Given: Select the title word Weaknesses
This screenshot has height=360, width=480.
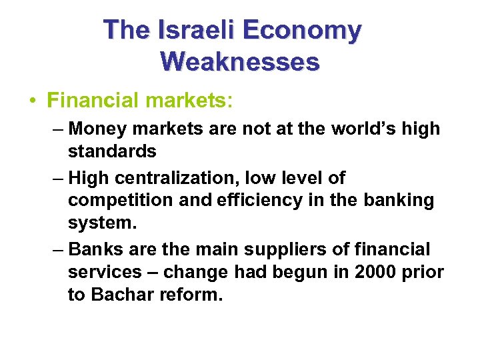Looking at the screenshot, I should [240, 62].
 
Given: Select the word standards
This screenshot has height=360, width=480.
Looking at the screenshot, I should [112, 151].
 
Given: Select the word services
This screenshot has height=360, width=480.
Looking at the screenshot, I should [105, 272].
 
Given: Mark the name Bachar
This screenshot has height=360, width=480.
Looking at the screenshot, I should [123, 295].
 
